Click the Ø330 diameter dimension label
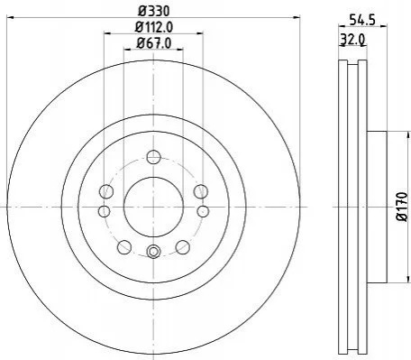click(x=154, y=12)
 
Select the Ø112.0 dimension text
click(x=154, y=28)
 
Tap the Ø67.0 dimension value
click(x=154, y=43)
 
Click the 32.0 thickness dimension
click(x=352, y=39)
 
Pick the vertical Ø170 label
click(x=403, y=207)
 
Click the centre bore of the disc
click(x=153, y=207)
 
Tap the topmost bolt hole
click(x=153, y=157)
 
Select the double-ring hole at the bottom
click(x=153, y=252)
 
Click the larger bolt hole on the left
click(x=106, y=191)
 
